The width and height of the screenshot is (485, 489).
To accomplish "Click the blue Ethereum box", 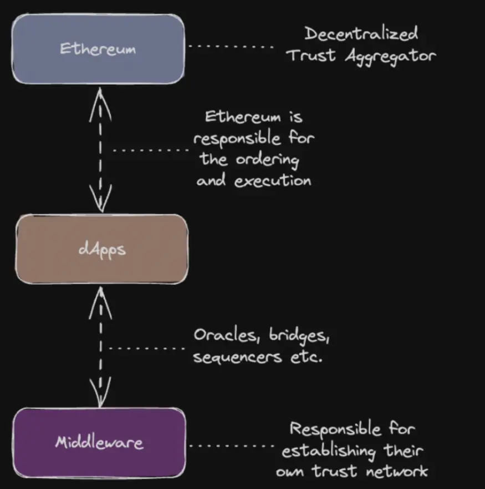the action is (98, 49).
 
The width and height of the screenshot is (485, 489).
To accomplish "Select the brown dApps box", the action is (101, 249).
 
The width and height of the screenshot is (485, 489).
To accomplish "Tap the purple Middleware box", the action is (99, 442).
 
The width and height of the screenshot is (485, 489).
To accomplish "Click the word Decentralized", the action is (361, 34).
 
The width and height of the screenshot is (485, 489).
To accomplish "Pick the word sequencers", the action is (237, 357).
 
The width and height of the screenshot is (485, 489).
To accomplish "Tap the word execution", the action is (273, 181).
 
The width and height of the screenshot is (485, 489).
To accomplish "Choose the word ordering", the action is (267, 160).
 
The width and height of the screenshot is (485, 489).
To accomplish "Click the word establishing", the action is (329, 451).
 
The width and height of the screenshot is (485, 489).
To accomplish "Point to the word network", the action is (397, 471).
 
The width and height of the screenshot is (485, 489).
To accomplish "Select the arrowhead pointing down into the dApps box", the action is (100, 199).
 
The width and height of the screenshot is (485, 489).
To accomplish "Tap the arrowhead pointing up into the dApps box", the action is (100, 303).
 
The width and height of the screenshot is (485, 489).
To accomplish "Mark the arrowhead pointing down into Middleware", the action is (100, 392).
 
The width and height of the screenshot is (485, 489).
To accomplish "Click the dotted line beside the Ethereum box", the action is (231, 47).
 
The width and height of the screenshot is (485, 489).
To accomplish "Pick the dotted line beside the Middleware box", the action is (232, 446).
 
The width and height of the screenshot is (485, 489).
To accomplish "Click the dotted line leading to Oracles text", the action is (147, 348).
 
